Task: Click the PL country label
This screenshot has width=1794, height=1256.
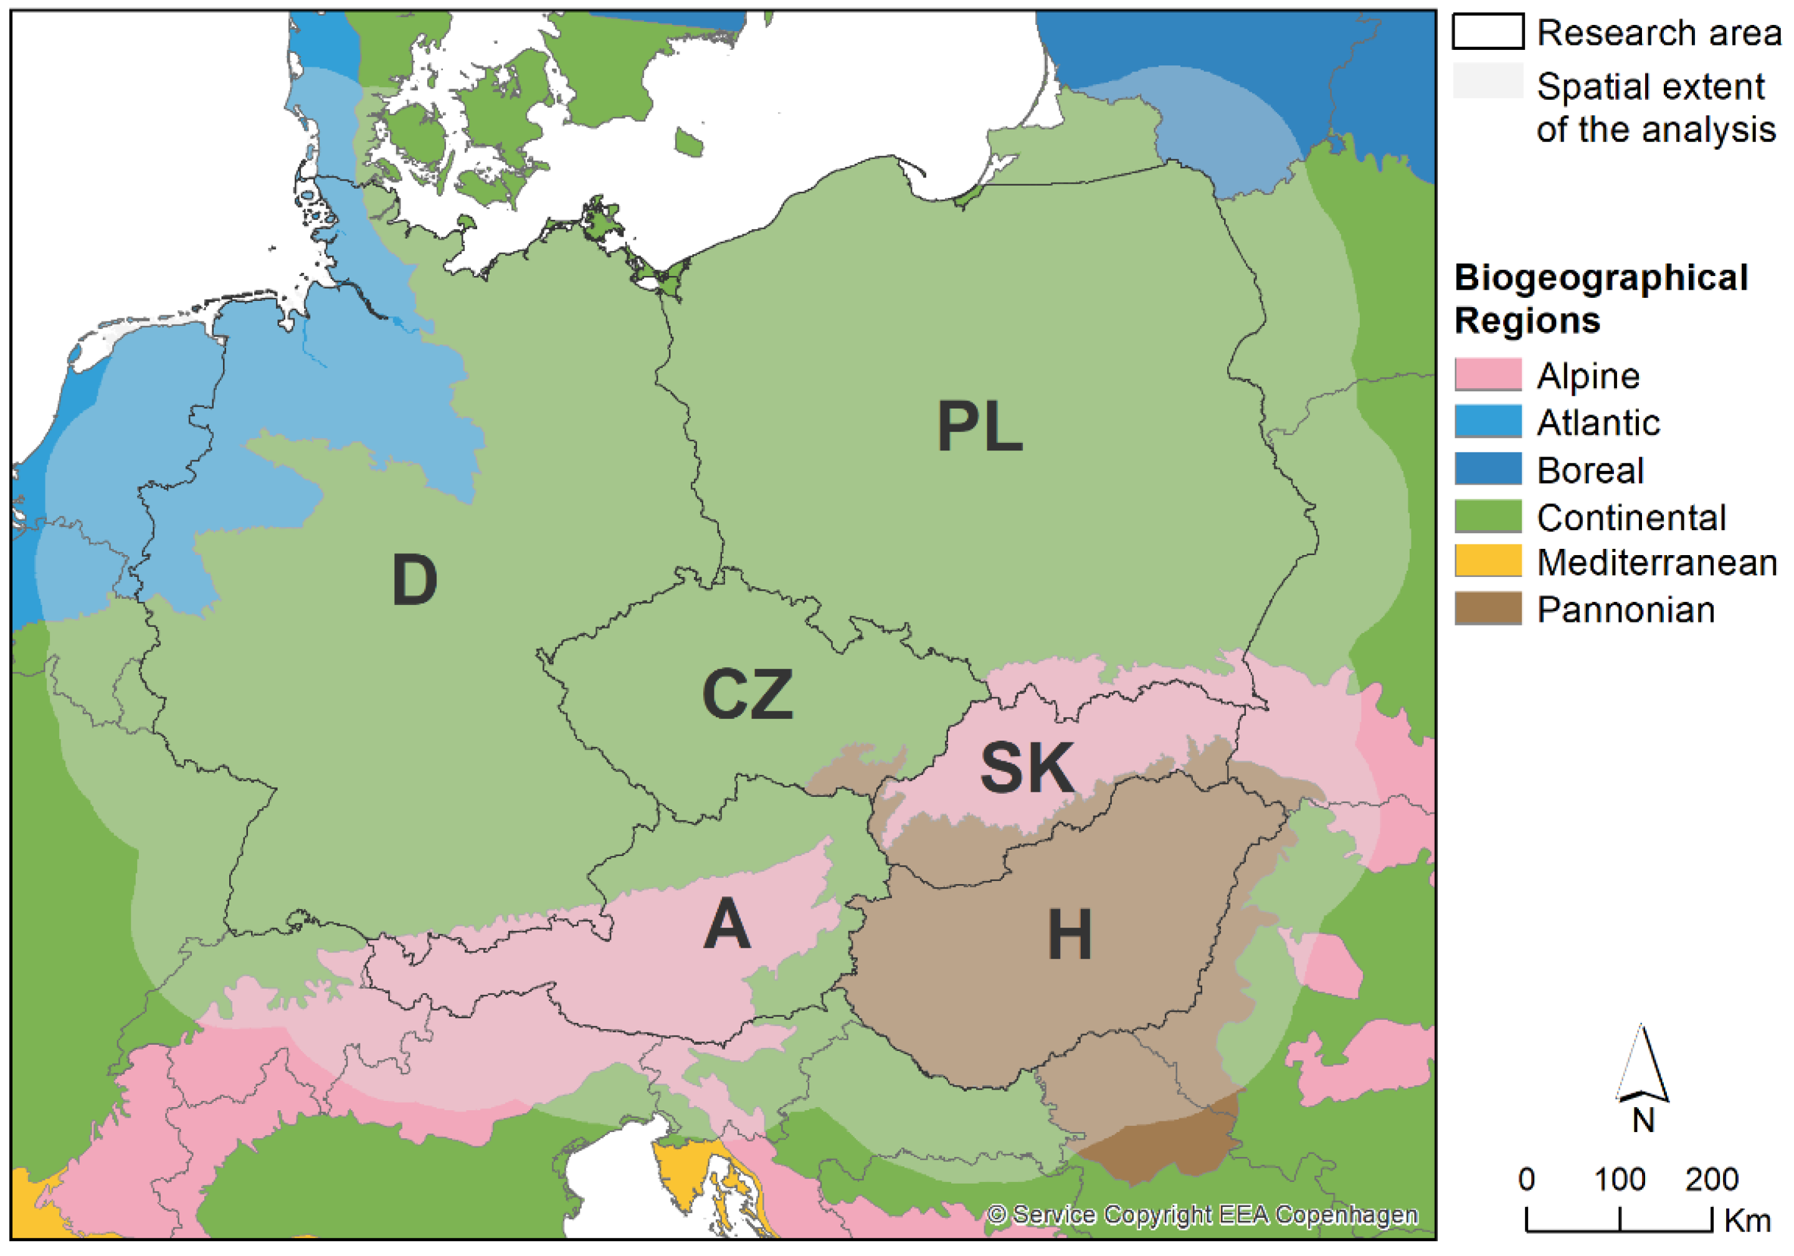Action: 979,426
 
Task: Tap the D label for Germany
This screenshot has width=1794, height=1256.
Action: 414,580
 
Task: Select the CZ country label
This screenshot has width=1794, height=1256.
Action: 747,694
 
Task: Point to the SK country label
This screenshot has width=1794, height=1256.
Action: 1027,768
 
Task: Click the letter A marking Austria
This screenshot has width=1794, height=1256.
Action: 727,924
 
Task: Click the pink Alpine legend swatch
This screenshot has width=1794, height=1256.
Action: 1487,374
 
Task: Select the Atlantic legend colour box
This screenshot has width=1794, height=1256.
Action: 1487,421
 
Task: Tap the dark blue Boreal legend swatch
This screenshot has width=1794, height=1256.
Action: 1487,469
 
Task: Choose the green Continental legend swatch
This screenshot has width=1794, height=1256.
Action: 1487,516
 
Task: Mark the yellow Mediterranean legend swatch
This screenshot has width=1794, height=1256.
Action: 1487,561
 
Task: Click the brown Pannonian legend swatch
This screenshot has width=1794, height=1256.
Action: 1487,608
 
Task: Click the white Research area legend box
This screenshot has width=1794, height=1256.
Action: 1487,32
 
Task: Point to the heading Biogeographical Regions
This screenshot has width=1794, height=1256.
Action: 1600,299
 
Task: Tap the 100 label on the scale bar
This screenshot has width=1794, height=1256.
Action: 1619,1179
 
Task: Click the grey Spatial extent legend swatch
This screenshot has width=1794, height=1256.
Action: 1487,81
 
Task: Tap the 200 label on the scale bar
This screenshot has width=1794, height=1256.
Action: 1711,1179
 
